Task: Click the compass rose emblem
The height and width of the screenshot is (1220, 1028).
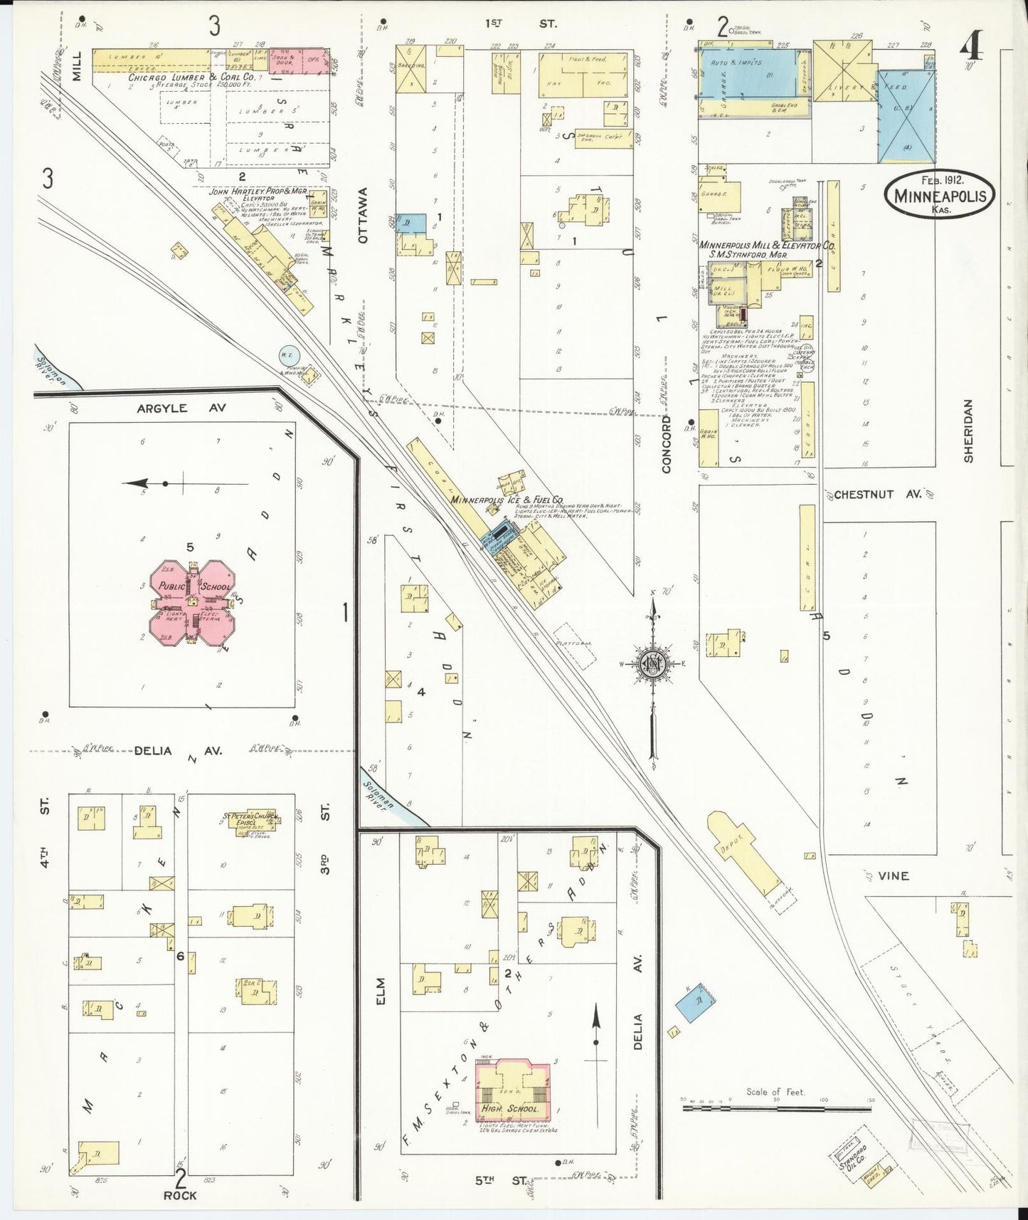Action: [652, 665]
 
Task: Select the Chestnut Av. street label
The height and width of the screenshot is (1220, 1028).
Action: [877, 494]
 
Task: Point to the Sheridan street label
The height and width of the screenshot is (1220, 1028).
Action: [968, 430]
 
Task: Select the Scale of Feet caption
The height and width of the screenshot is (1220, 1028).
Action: [775, 1091]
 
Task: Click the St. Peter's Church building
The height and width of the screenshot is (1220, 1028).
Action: [250, 821]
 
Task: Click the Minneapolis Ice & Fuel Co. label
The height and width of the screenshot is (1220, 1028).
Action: [507, 500]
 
